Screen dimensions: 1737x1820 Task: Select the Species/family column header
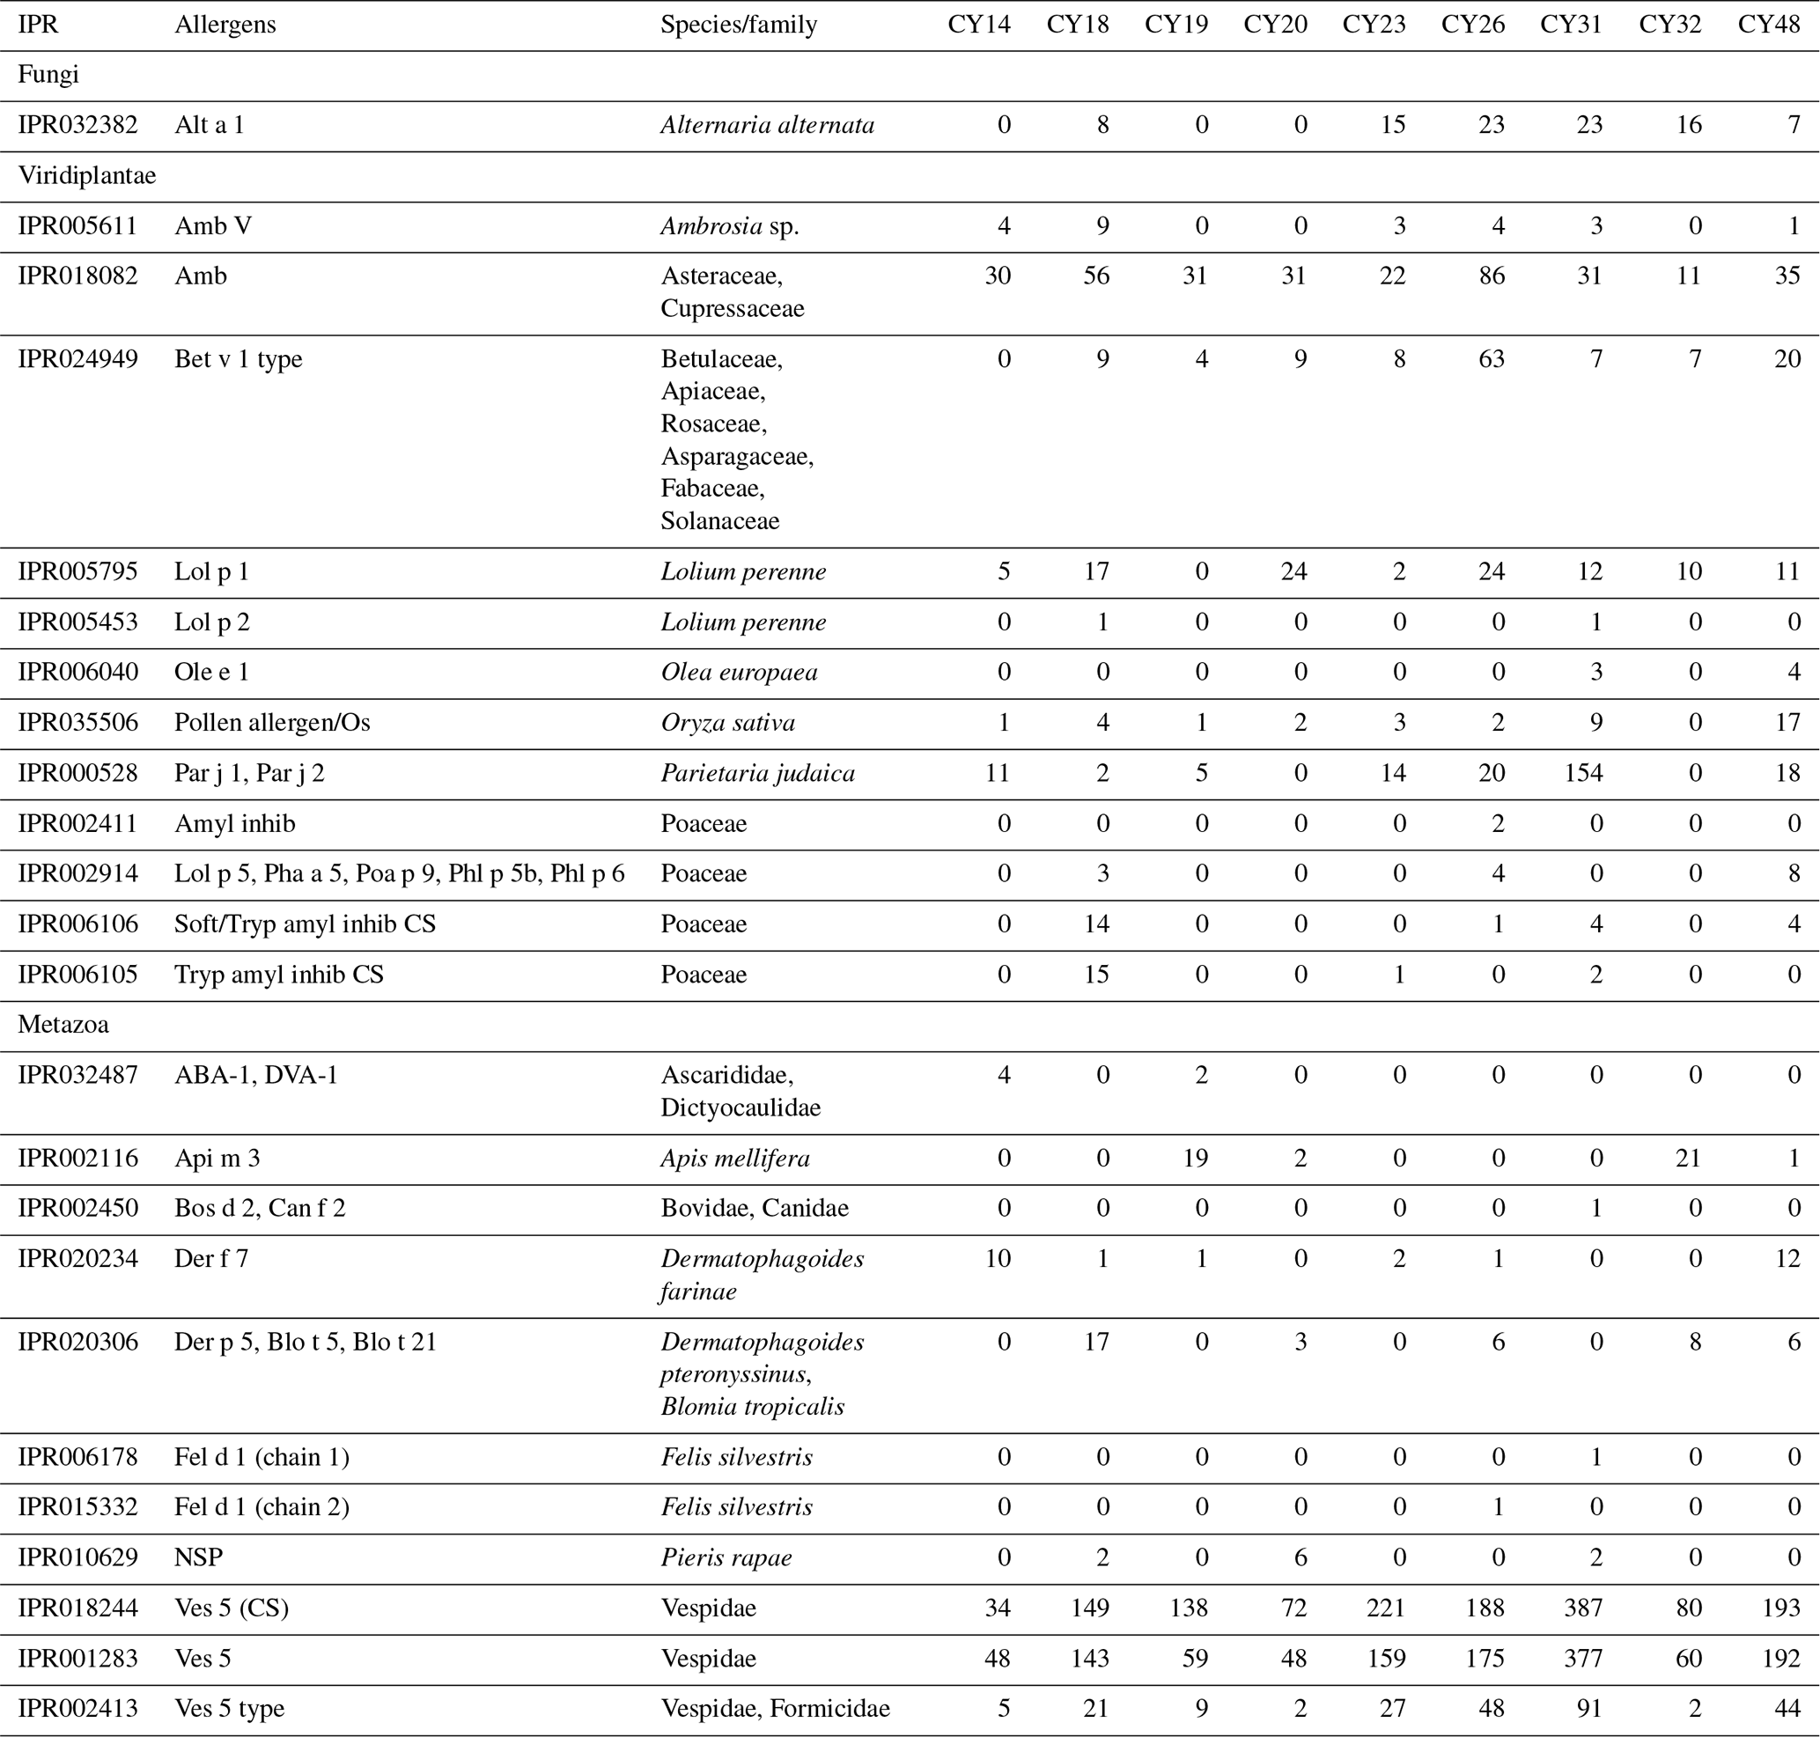[738, 24]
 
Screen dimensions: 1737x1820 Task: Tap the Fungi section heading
[48, 75]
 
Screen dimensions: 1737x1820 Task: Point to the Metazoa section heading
[63, 1025]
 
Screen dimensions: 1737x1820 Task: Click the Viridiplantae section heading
[87, 176]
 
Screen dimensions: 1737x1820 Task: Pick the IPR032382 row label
[77, 125]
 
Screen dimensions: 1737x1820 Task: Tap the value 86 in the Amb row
[1492, 276]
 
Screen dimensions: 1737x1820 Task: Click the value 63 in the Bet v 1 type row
[1492, 359]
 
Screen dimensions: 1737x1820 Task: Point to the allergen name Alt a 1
[210, 125]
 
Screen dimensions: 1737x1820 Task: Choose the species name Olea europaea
[739, 673]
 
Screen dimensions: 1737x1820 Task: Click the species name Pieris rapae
[726, 1558]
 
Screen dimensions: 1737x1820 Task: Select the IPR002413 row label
[77, 1708]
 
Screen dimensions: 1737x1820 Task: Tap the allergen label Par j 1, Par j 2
[249, 773]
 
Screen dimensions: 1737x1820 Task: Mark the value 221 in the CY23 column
[1386, 1608]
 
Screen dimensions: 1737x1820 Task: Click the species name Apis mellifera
[735, 1159]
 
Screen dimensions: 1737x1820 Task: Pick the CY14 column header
[978, 24]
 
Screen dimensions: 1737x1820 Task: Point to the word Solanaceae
[719, 521]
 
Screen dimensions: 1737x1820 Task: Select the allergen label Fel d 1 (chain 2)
[262, 1507]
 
